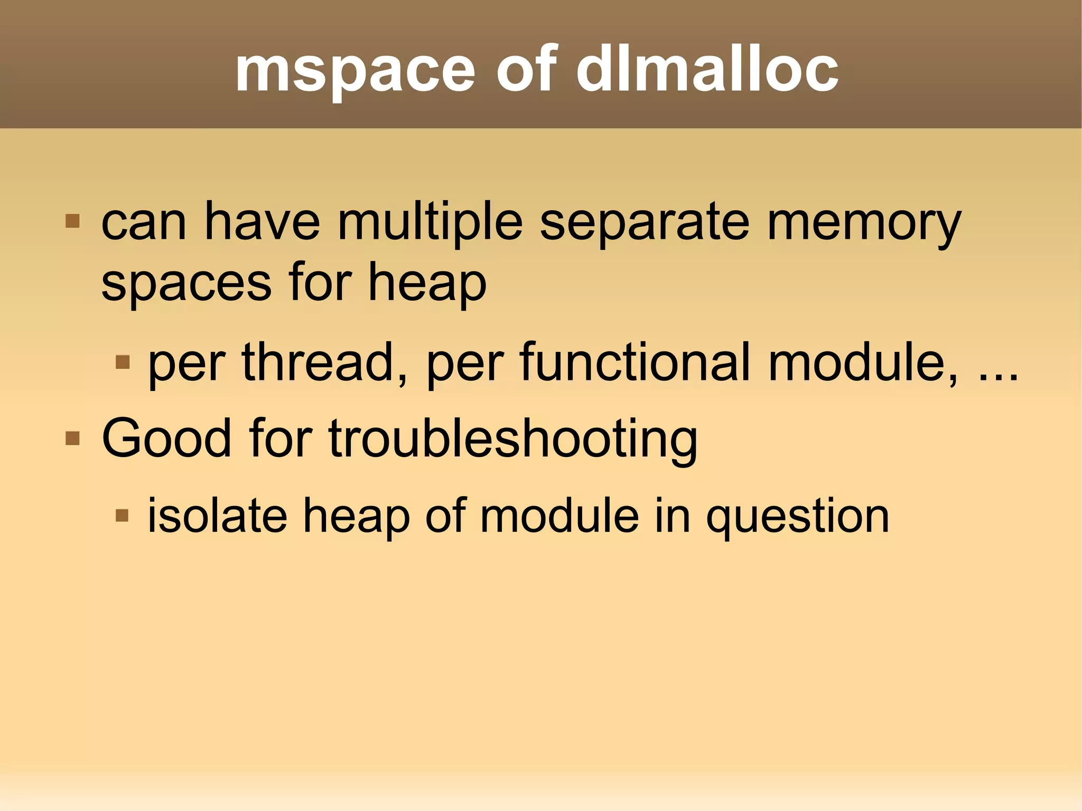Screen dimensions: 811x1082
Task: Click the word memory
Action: point(864,224)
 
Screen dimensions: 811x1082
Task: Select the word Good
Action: point(166,438)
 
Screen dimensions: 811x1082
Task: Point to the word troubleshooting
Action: point(513,439)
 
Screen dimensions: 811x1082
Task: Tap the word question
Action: point(798,517)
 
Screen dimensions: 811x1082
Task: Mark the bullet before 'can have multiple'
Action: point(72,221)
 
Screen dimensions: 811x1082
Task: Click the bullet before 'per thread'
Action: point(122,362)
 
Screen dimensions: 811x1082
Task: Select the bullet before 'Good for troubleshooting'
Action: point(72,438)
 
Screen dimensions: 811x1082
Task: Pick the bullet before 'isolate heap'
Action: point(122,515)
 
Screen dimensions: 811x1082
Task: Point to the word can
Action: point(144,224)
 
